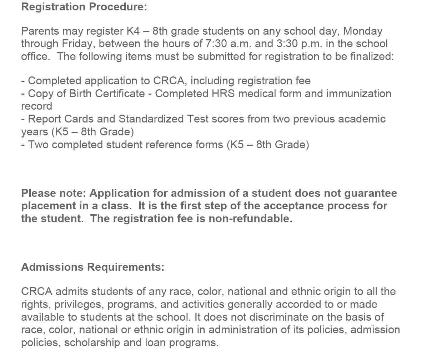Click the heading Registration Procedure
point(84,7)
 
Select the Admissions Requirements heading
point(93,267)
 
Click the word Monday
point(363,31)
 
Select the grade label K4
point(133,31)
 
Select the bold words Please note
point(54,193)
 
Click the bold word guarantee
point(371,193)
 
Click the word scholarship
point(92,342)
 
